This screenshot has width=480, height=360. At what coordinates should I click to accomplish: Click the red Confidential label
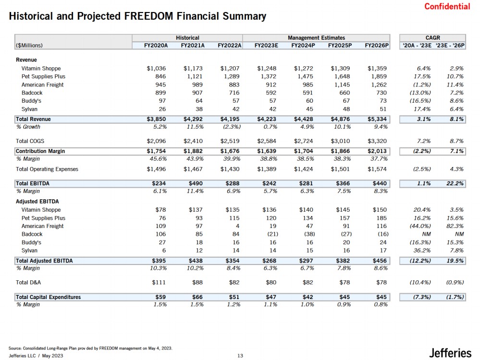(447, 6)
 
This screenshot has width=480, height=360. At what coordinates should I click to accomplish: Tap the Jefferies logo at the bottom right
(450, 353)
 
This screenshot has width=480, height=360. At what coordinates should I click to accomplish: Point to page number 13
(240, 356)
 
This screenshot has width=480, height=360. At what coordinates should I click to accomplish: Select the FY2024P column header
(303, 46)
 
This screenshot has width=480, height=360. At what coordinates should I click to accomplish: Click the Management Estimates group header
(316, 37)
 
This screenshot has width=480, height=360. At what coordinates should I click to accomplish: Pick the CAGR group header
(432, 37)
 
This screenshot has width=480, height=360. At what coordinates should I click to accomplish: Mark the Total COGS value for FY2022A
(230, 141)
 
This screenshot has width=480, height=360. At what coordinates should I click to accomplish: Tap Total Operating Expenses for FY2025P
(340, 169)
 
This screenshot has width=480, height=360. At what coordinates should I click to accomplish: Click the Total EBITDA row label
(33, 183)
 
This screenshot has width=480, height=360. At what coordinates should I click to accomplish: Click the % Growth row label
(28, 127)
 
